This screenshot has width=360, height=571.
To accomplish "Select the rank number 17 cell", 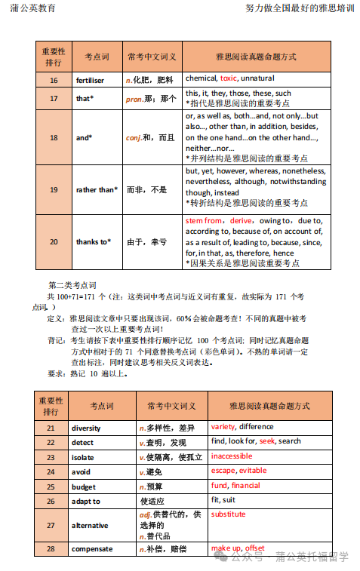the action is tap(54, 99).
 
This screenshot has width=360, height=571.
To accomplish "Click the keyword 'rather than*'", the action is tap(97, 190).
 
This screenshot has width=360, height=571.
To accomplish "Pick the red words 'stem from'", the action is tap(203, 220).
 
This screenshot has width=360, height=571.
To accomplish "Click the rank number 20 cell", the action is tap(54, 241).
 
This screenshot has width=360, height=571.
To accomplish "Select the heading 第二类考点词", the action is tap(72, 285).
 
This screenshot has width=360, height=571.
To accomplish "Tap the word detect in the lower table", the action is tap(83, 442).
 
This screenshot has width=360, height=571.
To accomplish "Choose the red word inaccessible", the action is tap(231, 456).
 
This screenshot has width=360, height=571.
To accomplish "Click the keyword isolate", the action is tap(83, 457).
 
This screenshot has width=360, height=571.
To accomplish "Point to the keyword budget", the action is tap(84, 487).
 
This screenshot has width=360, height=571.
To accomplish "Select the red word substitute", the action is tap(228, 514).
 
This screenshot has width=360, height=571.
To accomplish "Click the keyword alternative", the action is tap(90, 525).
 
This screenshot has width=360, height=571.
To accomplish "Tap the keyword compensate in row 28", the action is tap(92, 549).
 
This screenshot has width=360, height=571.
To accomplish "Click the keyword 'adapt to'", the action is tap(86, 501).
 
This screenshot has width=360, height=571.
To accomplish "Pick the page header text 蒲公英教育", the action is tap(34, 8).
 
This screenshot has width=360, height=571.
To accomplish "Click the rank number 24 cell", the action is tap(51, 471).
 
